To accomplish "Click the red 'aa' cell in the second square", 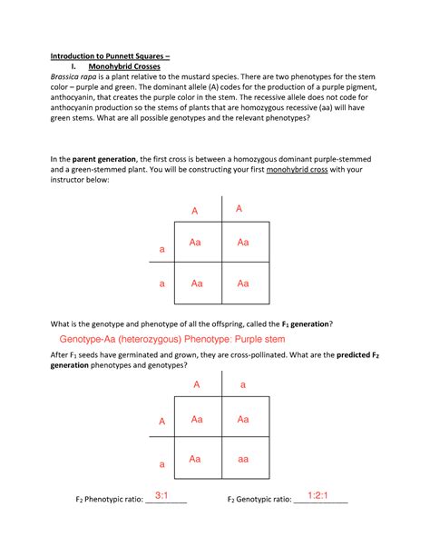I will [242, 460].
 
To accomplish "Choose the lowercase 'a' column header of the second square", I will [242, 385].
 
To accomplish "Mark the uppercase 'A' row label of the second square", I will [162, 422].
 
